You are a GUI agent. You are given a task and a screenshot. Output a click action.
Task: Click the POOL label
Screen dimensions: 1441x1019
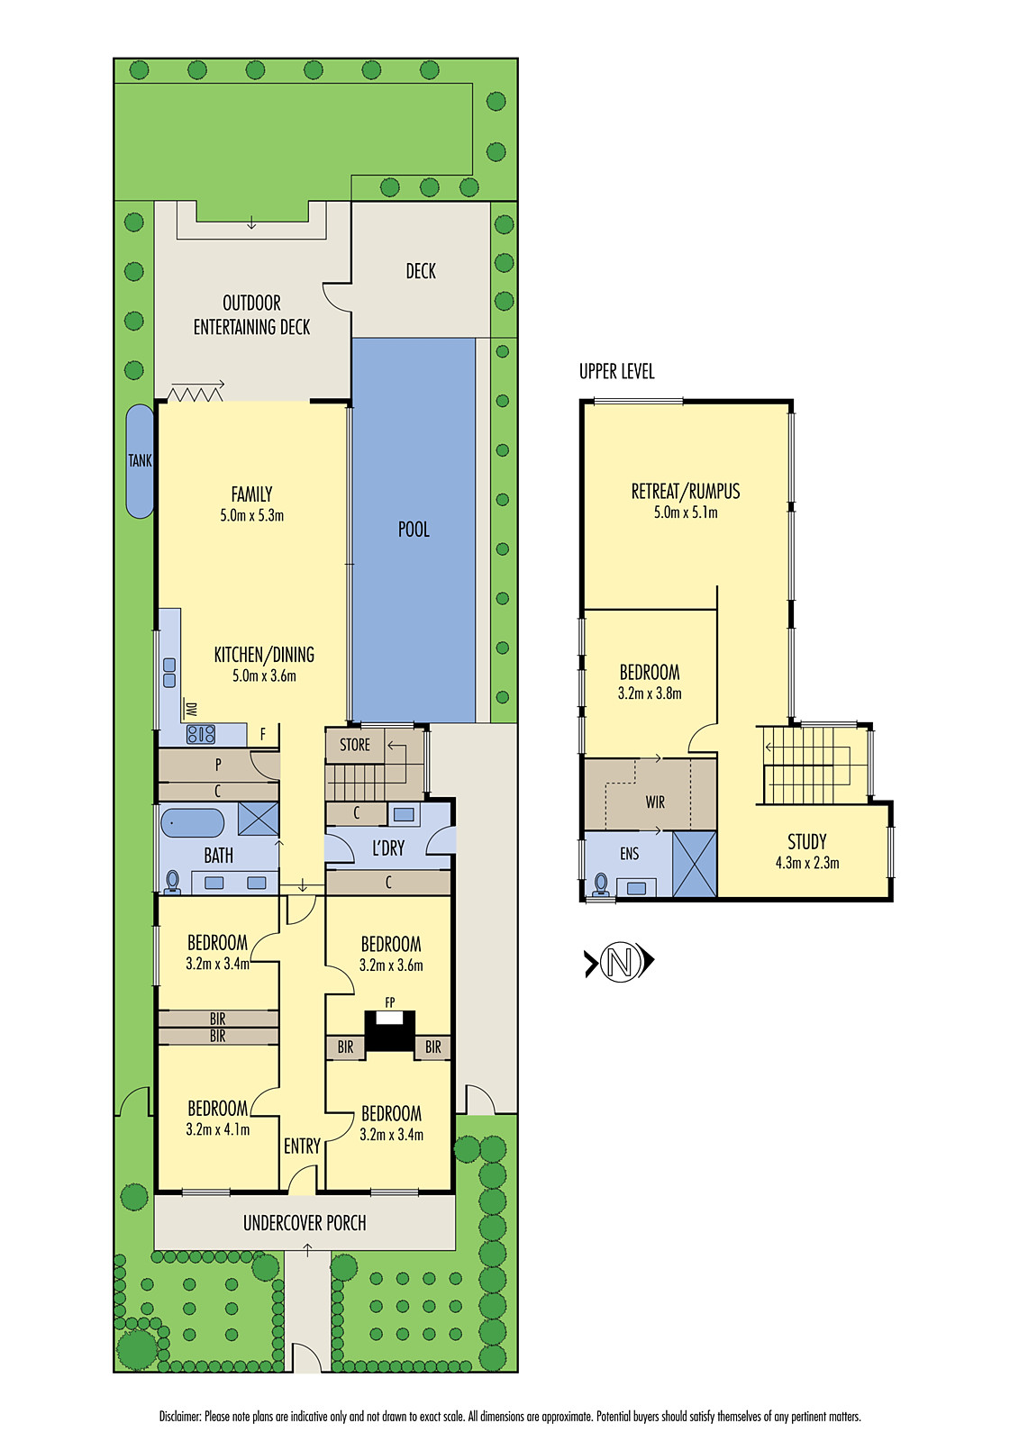[414, 530]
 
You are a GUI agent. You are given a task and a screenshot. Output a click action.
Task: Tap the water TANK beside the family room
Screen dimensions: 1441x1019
[140, 461]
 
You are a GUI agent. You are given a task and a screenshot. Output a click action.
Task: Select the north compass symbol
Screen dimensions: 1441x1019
[619, 962]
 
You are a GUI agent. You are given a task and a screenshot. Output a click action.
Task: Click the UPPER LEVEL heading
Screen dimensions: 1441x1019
[616, 371]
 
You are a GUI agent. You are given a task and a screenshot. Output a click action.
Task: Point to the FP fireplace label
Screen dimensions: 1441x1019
[389, 1002]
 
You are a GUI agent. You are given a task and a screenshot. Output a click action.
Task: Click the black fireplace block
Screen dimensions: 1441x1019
[389, 1032]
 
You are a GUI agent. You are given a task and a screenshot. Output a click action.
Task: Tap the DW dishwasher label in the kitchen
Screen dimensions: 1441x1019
[191, 710]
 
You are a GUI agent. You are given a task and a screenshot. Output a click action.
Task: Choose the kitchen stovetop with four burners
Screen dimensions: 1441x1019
[200, 734]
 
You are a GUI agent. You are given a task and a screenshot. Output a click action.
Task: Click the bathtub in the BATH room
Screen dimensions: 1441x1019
[192, 822]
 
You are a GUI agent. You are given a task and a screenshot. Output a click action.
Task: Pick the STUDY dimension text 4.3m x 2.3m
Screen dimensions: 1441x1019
[806, 863]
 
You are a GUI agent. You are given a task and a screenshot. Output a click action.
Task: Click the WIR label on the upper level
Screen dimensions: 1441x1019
[655, 802]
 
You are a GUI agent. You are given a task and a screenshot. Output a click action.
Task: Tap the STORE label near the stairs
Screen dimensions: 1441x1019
[354, 745]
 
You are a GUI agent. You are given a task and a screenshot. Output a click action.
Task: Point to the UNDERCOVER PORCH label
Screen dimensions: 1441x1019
[305, 1223]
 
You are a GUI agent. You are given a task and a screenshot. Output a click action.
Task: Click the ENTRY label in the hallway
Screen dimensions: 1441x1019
[302, 1146]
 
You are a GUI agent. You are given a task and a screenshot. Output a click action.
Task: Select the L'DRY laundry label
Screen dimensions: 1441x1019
[388, 848]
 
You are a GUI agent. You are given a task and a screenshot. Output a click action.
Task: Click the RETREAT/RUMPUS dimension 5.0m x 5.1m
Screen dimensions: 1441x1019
[686, 512]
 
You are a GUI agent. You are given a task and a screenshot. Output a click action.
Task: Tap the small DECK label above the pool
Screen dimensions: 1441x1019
[421, 271]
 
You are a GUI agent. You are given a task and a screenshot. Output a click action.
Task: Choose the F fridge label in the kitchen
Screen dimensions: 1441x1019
[263, 735]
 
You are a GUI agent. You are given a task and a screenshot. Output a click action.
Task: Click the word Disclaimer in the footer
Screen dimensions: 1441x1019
[180, 1417]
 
